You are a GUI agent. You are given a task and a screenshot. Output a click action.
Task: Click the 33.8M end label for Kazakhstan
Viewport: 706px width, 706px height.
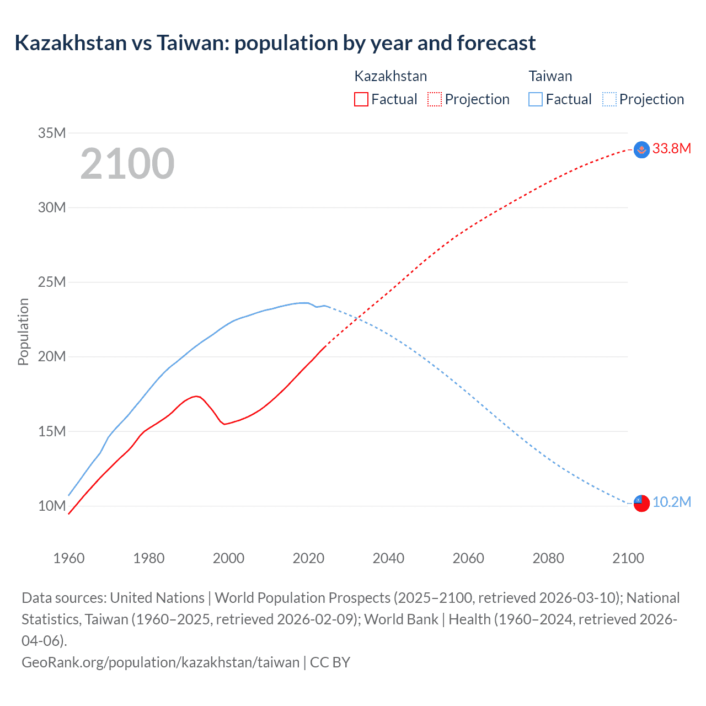(x=671, y=148)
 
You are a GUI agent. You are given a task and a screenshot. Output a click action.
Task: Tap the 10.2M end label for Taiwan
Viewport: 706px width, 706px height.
(x=671, y=502)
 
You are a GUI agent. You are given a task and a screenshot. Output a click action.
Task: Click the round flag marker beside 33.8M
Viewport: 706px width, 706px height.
(x=641, y=149)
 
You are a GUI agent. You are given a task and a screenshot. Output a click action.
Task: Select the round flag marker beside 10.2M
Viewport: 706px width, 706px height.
(x=641, y=503)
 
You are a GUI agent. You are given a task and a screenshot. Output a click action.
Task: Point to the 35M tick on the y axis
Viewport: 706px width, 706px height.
(x=52, y=133)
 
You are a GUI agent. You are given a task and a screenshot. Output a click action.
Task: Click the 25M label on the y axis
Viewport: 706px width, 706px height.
(x=52, y=282)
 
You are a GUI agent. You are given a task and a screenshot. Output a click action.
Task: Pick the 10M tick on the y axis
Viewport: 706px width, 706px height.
(x=52, y=506)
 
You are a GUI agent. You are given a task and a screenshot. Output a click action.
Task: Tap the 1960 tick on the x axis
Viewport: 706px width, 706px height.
(x=69, y=558)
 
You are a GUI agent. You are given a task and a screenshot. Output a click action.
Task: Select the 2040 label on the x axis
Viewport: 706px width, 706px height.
(x=388, y=558)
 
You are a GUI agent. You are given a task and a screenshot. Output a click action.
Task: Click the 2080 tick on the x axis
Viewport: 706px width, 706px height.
(x=548, y=558)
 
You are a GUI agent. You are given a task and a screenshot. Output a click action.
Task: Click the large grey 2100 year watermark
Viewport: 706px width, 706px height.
(x=127, y=164)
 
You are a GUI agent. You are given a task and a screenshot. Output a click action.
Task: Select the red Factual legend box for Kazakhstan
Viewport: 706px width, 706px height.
(x=361, y=99)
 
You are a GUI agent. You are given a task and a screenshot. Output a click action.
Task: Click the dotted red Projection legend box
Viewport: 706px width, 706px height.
(x=435, y=99)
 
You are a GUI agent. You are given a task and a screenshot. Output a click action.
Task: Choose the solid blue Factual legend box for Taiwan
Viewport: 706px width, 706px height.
(x=535, y=99)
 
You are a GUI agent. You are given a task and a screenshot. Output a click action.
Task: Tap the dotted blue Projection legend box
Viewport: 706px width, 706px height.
(x=609, y=99)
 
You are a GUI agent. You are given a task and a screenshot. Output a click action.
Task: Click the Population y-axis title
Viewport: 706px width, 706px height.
(x=23, y=331)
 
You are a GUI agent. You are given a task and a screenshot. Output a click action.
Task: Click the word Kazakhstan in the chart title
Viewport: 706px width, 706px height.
(x=71, y=43)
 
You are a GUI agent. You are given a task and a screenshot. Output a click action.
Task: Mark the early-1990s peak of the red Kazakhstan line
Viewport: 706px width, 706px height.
(x=196, y=396)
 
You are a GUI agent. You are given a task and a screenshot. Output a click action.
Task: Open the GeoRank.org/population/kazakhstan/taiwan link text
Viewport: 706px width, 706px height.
(x=160, y=662)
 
